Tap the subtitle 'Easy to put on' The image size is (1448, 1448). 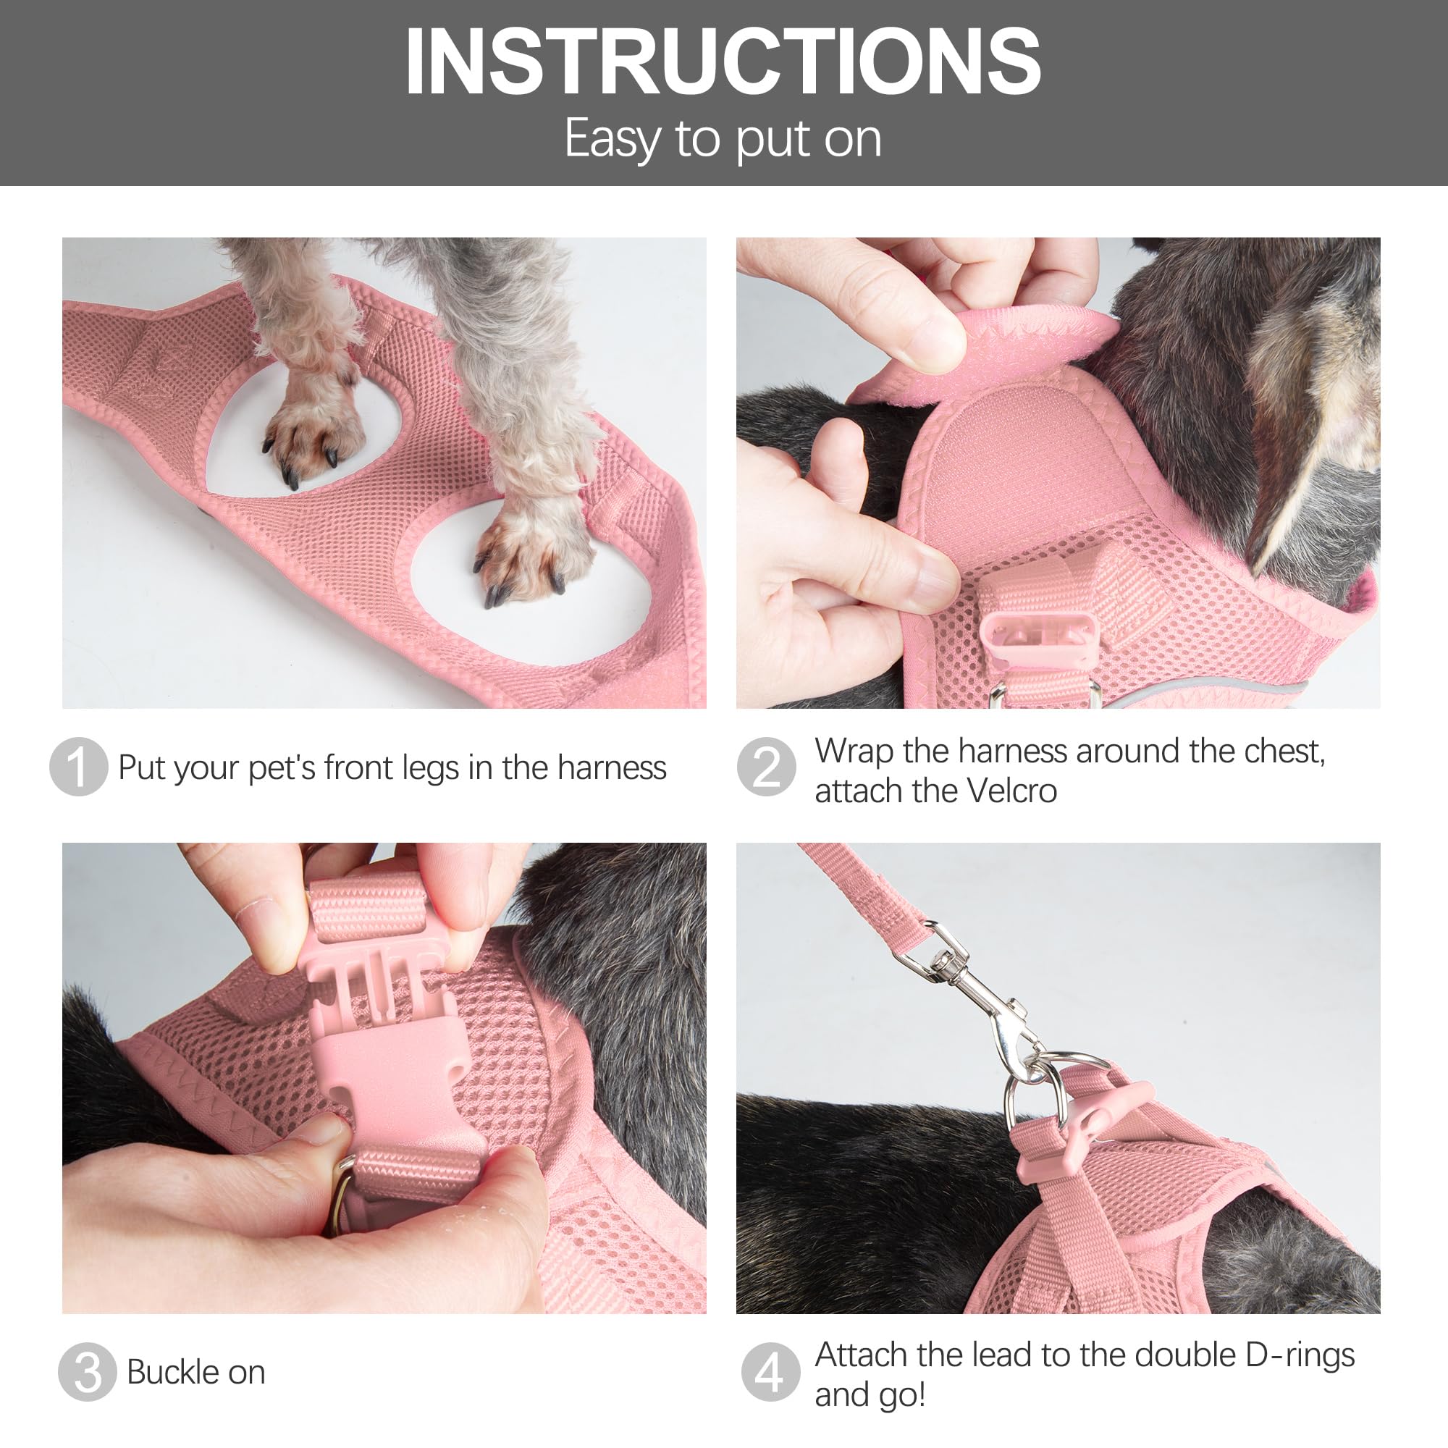click(x=723, y=140)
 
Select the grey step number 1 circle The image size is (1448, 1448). click(x=78, y=767)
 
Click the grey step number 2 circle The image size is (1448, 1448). click(x=766, y=767)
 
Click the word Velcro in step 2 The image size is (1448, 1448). click(x=1012, y=791)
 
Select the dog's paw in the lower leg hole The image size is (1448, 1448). click(x=529, y=555)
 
